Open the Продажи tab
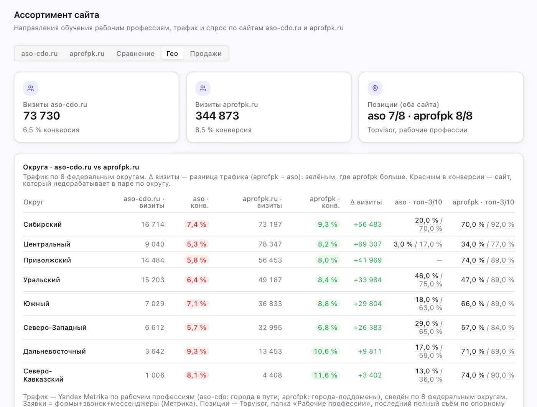pyautogui.click(x=206, y=54)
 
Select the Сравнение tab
pyautogui.click(x=135, y=54)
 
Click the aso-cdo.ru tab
pyautogui.click(x=40, y=54)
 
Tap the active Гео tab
pyautogui.click(x=172, y=54)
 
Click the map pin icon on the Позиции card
pyautogui.click(x=375, y=88)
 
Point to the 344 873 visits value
pyautogui.click(x=217, y=116)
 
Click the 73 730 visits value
pyautogui.click(x=41, y=116)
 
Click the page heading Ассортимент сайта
pyautogui.click(x=56, y=15)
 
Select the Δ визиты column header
pyautogui.click(x=366, y=202)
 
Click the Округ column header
pyautogui.click(x=33, y=202)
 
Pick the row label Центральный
pyautogui.click(x=47, y=244)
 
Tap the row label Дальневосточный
pyautogui.click(x=54, y=351)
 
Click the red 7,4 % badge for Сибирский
pyautogui.click(x=196, y=224)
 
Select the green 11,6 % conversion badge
pyautogui.click(x=325, y=375)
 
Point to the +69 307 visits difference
pyautogui.click(x=368, y=244)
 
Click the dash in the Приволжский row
pyautogui.click(x=439, y=260)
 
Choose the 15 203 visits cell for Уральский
pyautogui.click(x=153, y=280)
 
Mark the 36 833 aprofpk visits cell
pyautogui.click(x=270, y=304)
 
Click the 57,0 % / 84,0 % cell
pyautogui.click(x=488, y=327)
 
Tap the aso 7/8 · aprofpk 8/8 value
pyautogui.click(x=420, y=116)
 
